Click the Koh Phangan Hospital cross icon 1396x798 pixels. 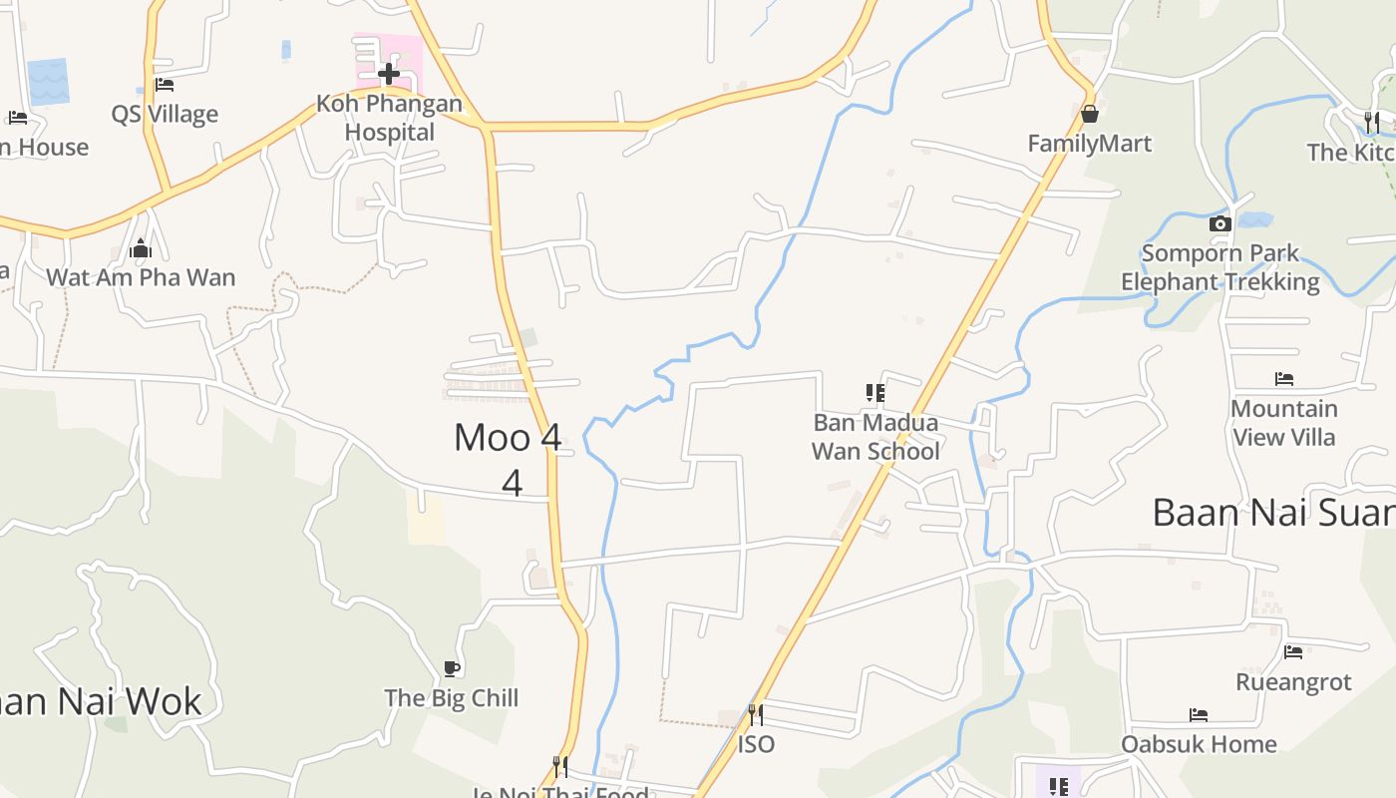pos(389,73)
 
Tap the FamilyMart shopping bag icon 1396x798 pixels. pos(1089,114)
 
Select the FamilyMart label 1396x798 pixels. pos(1089,144)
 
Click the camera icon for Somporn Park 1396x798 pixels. pos(1220,223)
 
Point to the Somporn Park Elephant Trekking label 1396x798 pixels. pos(1220,267)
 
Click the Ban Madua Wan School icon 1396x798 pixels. pos(875,393)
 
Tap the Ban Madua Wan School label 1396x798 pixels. pos(875,437)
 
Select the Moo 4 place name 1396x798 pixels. pos(508,437)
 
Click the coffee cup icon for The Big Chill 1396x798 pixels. pos(451,668)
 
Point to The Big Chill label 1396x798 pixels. pos(451,697)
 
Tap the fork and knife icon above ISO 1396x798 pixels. pos(756,714)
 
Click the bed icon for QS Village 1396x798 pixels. pos(165,85)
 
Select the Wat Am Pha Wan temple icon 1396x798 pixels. pos(141,247)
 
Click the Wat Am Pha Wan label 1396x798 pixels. pos(141,277)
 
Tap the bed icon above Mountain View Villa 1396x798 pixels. pos(1284,379)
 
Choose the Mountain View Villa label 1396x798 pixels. pos(1284,423)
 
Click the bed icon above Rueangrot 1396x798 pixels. pos(1293,652)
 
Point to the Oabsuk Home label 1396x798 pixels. pos(1199,744)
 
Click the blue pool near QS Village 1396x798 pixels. pos(48,81)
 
